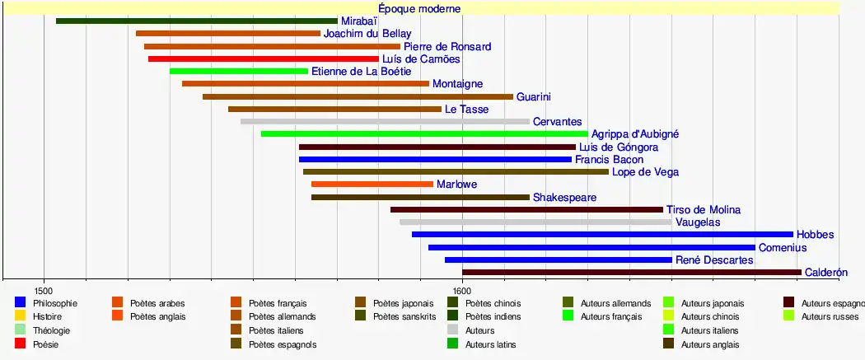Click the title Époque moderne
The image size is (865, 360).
[419, 8]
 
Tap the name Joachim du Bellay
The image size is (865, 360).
[367, 34]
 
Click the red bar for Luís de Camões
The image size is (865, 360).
[264, 59]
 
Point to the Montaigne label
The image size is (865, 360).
[457, 84]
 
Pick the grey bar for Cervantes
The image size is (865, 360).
[385, 122]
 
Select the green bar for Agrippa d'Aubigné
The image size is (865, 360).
[424, 134]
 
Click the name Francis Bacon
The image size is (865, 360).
[609, 160]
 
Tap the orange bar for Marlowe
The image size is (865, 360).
[372, 185]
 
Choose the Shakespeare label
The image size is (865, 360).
[564, 198]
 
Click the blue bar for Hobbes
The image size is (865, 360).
[602, 235]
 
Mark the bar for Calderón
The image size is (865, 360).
[631, 273]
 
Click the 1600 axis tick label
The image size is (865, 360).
[462, 290]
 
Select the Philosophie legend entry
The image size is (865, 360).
[55, 303]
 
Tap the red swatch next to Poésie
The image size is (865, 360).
[21, 344]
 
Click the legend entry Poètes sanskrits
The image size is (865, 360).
[404, 316]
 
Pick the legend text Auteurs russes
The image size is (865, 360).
[830, 316]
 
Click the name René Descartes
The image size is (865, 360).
[713, 260]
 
